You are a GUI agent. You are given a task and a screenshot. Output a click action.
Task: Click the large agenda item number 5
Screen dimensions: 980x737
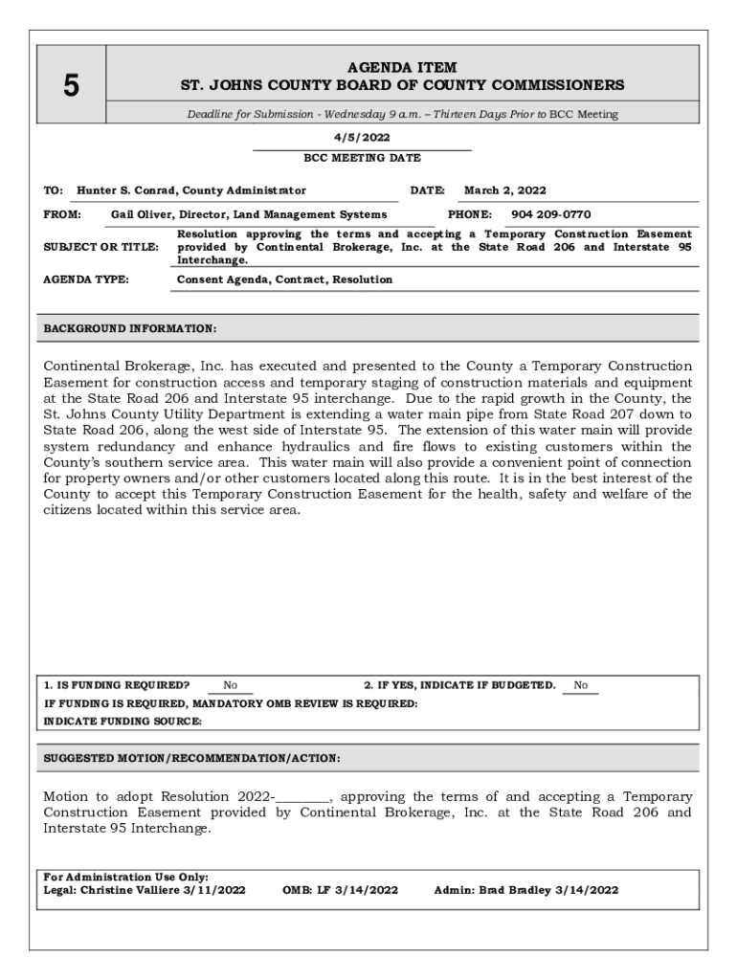pyautogui.click(x=71, y=86)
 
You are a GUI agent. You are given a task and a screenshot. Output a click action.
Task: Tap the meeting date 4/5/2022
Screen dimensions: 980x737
pyautogui.click(x=362, y=137)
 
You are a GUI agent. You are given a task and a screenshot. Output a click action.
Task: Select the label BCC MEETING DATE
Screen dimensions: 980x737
pyautogui.click(x=362, y=158)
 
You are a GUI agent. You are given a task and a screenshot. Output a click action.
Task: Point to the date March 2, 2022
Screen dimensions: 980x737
pyautogui.click(x=505, y=190)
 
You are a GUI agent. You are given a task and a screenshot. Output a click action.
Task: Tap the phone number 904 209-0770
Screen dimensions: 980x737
pyautogui.click(x=550, y=214)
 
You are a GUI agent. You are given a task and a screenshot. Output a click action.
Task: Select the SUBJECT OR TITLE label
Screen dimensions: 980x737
pyautogui.click(x=101, y=247)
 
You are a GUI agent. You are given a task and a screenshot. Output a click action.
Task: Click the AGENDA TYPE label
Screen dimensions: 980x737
pyautogui.click(x=87, y=279)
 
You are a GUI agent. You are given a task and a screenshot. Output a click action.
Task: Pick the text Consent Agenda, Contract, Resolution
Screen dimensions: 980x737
pyautogui.click(x=284, y=279)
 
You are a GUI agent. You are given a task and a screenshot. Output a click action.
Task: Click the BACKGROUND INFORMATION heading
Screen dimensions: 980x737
pyautogui.click(x=130, y=328)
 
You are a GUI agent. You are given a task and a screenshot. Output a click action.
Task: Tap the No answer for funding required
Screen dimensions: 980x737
pyautogui.click(x=231, y=685)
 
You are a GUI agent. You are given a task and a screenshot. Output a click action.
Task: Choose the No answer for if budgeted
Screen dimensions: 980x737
pyautogui.click(x=580, y=685)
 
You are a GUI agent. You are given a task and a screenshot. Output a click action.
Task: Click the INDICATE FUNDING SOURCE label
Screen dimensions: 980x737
pyautogui.click(x=123, y=721)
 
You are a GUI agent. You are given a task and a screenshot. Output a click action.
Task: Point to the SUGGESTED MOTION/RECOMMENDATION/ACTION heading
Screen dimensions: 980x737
pyautogui.click(x=191, y=758)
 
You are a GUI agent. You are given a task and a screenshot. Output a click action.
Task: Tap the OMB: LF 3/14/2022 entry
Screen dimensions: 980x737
pyautogui.click(x=340, y=890)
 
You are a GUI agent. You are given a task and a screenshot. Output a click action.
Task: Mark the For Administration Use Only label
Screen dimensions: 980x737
pyautogui.click(x=126, y=877)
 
